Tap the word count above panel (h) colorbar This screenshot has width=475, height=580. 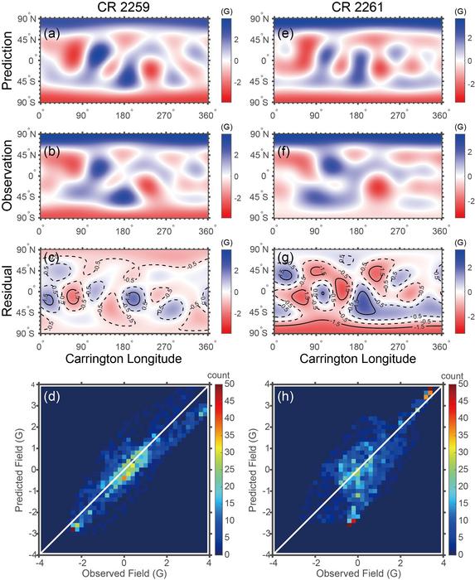(453, 375)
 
